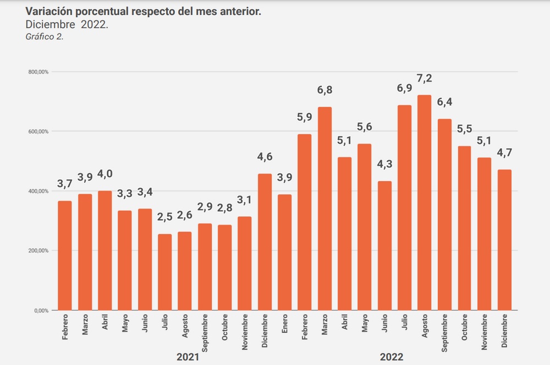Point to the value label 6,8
coord(324,90)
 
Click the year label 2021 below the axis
coord(188,357)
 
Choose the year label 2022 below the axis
coord(391,357)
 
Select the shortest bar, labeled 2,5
coord(164,272)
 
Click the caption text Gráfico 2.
coord(45,37)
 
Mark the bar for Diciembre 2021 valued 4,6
coord(265,242)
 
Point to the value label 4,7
coord(504,152)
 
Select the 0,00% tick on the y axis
coord(41,310)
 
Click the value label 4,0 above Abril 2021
coord(105,173)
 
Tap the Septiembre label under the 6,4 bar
coord(444,334)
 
